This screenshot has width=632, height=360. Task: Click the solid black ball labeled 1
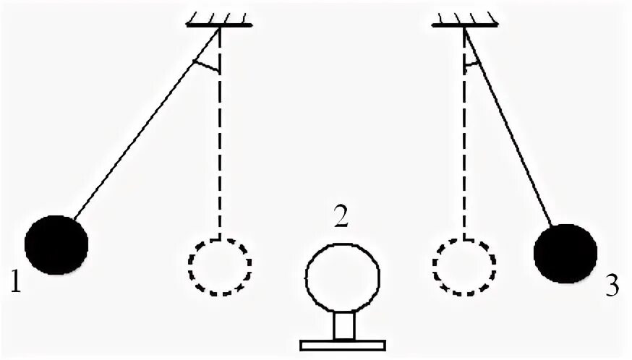(56, 244)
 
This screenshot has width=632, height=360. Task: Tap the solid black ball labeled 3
(565, 253)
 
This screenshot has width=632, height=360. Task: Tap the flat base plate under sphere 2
(343, 345)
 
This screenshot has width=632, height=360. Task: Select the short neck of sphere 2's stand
(343, 325)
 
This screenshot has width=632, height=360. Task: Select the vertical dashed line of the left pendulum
(219, 145)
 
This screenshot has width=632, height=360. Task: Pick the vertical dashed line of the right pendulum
(464, 145)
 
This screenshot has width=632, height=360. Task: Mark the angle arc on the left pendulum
(206, 67)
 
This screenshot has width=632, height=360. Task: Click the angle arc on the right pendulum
(471, 64)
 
